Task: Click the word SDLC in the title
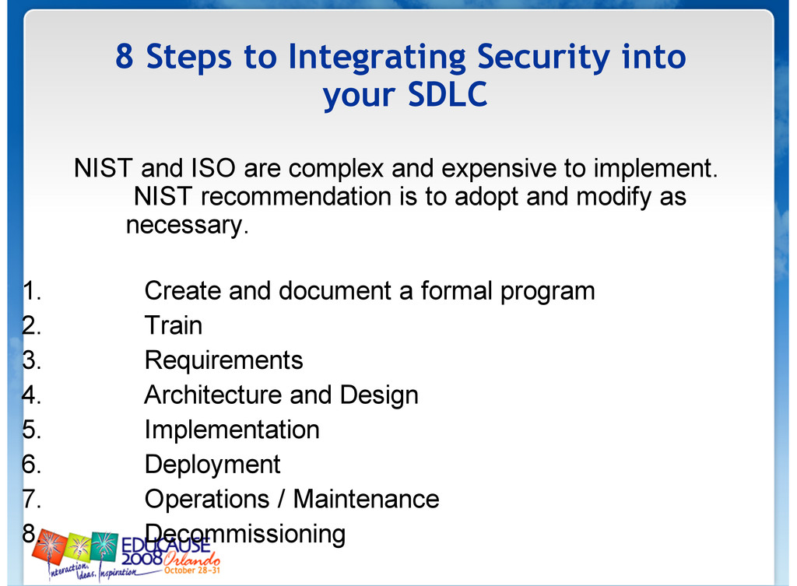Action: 448,94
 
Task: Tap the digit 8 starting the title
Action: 125,56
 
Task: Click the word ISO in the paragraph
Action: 213,168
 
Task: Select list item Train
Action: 174,325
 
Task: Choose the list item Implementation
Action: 232,431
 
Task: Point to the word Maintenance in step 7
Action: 367,499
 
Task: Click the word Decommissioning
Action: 245,535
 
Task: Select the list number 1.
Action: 31,291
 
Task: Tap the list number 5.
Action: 31,430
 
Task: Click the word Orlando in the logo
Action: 192,560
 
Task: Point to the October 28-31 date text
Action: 192,570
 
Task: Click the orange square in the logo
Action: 50,546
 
